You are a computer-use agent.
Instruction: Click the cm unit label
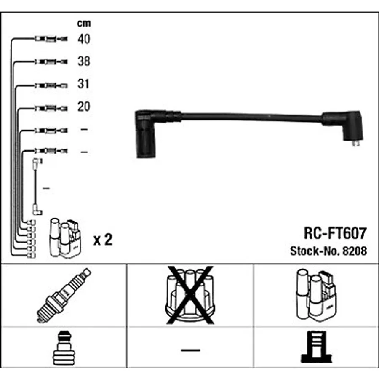pos(84,24)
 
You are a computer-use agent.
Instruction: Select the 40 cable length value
pos(84,39)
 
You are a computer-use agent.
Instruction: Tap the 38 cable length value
pos(84,61)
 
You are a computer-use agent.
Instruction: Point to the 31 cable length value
pos(83,84)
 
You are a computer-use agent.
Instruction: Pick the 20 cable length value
pos(84,107)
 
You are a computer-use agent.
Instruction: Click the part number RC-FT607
pos(335,233)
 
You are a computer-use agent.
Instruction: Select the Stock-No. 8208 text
pos(328,251)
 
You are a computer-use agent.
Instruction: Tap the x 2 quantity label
pos(103,240)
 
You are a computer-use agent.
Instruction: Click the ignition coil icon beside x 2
pos(65,238)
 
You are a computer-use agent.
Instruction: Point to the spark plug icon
pos(64,295)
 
